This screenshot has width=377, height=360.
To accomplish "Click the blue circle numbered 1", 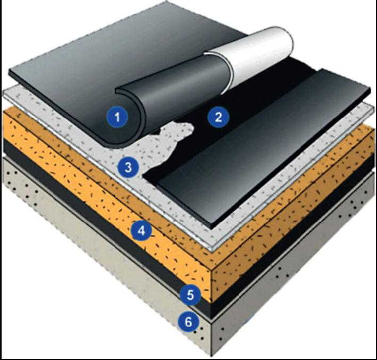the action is click(117, 117).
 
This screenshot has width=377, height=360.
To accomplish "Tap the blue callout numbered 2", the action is click(219, 117).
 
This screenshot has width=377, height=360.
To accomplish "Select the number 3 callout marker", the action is click(128, 167).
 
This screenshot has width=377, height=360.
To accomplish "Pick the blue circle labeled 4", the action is click(141, 231).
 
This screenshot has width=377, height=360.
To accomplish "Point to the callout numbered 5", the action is click(190, 295).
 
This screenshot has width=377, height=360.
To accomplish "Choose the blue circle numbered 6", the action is click(188, 322).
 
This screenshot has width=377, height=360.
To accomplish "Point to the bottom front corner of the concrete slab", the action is click(212, 356).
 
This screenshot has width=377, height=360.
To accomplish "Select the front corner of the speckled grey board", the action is click(212, 250).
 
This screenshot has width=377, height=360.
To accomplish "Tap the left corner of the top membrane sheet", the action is click(9, 72).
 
